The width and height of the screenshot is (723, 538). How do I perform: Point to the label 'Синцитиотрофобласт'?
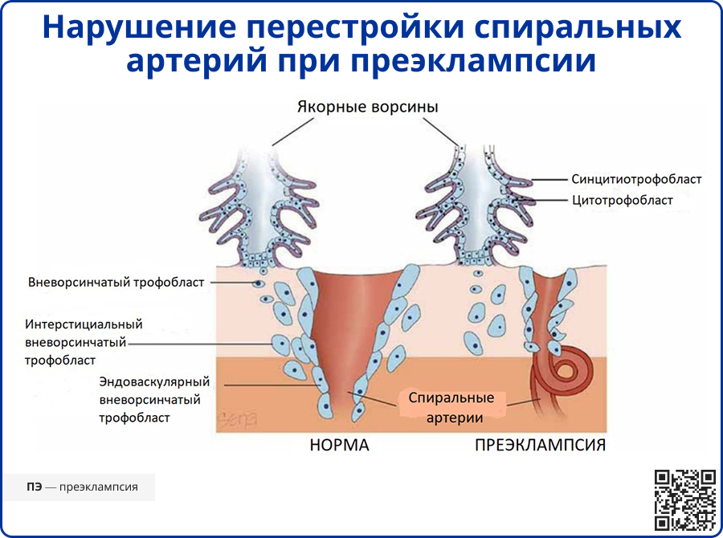click(636, 179)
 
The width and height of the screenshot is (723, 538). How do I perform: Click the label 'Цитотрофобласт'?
click(622, 200)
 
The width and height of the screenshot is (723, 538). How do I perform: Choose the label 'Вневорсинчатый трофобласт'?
click(116, 283)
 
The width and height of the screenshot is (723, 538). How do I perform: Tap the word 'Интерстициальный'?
click(84, 324)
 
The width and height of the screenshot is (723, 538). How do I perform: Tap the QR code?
click(684, 499)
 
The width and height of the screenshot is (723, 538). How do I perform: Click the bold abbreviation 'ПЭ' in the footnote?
click(35, 487)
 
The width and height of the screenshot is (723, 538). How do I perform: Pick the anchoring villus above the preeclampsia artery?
click(473, 209)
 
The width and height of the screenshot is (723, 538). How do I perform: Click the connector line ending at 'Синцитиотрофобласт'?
click(546, 179)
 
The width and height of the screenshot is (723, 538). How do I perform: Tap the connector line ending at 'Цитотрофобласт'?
click(546, 200)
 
